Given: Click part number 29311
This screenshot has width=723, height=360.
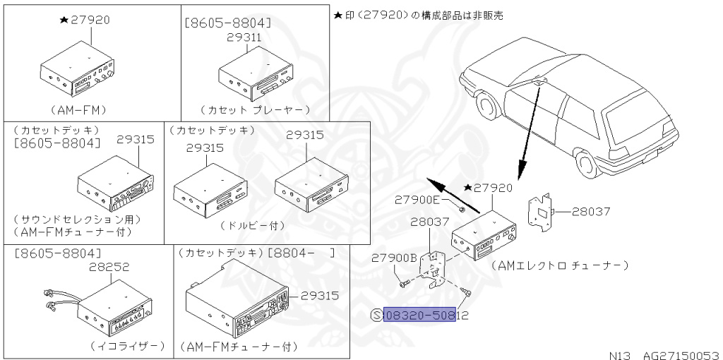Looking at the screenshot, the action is click(x=244, y=38).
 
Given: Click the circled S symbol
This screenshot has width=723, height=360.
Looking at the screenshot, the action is click(x=377, y=316).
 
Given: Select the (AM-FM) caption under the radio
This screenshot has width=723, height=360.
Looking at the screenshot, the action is click(x=78, y=110).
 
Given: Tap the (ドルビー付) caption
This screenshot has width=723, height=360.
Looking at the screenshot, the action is click(x=252, y=226).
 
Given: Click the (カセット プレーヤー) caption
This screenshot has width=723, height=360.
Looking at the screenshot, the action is click(x=255, y=110).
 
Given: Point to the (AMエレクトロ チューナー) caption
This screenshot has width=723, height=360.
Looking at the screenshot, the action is click(x=560, y=265).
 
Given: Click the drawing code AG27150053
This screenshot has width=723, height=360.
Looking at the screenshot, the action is click(x=681, y=355).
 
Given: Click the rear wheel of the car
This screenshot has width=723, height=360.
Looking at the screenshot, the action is click(x=586, y=164).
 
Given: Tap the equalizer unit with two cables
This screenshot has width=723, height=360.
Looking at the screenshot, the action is click(x=101, y=310).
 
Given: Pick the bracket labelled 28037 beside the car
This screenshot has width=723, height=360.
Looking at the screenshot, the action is click(x=540, y=211).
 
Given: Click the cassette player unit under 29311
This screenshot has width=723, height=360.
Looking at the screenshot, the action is click(x=256, y=76).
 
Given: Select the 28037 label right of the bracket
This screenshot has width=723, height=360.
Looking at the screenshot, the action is click(x=591, y=212).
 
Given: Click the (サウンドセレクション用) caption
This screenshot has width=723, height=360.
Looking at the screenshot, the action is click(x=77, y=219).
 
